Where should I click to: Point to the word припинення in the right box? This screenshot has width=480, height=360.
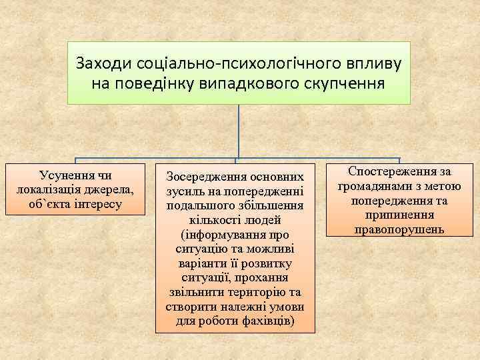[400, 215]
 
